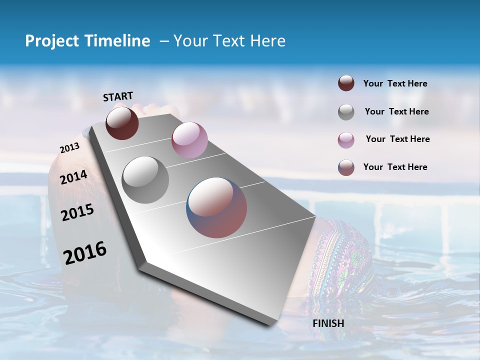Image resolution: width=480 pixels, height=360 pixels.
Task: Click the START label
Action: tap(118, 96)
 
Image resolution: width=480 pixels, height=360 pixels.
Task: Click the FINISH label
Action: tap(328, 323)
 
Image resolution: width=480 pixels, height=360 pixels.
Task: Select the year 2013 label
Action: tap(69, 148)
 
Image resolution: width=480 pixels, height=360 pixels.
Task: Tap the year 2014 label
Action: tap(74, 177)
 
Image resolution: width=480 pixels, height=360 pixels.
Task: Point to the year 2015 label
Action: tap(77, 212)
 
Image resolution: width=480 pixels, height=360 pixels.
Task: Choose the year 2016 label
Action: tap(85, 253)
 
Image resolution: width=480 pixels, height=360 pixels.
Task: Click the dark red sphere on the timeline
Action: tap(122, 123)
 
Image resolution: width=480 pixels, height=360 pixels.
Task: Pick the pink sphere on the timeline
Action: tap(189, 140)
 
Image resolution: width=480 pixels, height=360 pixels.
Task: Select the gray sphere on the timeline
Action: tap(145, 179)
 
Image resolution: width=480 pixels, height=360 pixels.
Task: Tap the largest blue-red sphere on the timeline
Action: tap(216, 207)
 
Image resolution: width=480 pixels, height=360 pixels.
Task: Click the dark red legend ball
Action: tap(346, 83)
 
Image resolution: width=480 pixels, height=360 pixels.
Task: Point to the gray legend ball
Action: tap(346, 112)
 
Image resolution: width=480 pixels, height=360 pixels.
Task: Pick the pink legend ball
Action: tap(346, 140)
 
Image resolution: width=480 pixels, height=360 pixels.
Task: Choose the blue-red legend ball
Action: tap(346, 167)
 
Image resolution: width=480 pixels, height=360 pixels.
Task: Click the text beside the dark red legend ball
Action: tap(395, 84)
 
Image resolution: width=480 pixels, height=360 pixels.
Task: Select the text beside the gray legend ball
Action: tap(396, 111)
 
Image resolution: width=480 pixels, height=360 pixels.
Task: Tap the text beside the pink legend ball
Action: tap(397, 139)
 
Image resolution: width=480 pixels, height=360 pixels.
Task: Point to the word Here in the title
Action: tap(267, 41)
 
